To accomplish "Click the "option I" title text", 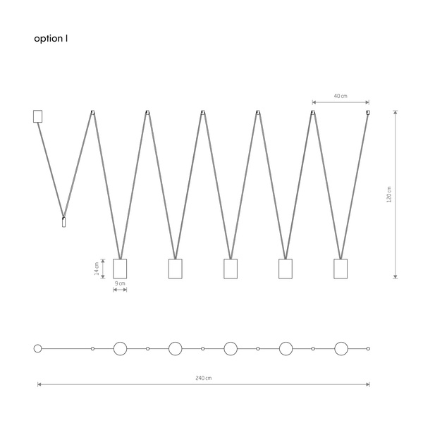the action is [x=51, y=39].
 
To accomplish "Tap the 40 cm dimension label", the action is [x=341, y=96].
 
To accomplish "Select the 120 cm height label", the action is [x=388, y=195].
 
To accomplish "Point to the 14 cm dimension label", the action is [x=97, y=269].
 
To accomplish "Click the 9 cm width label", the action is [x=120, y=283].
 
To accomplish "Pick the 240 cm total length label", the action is [x=204, y=378].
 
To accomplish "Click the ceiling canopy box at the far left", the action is [x=38, y=116].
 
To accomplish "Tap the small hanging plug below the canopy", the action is [x=63, y=222].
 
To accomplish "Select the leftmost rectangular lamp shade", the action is [x=120, y=269].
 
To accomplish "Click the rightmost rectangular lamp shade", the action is [x=341, y=269].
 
